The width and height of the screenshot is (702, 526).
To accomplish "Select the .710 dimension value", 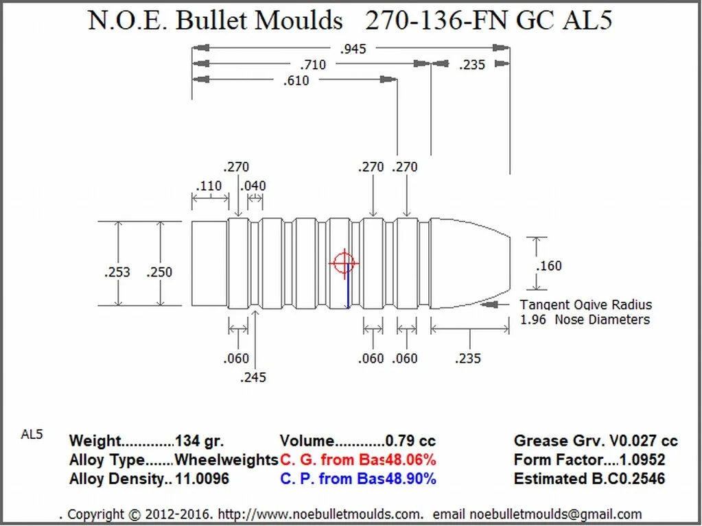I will (313, 65).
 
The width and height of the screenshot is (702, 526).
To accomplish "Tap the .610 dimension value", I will (296, 81).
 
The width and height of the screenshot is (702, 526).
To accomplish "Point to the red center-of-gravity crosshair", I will (343, 263).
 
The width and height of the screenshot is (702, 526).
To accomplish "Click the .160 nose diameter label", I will (550, 265).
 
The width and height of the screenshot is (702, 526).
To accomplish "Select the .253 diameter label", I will (117, 272).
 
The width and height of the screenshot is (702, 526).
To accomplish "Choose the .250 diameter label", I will (159, 272).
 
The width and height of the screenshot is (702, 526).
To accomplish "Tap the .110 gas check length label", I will (209, 186).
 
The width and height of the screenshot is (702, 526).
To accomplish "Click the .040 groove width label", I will (253, 186).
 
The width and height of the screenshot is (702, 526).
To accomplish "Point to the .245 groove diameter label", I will (254, 377).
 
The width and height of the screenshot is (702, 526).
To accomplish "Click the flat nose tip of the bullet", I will (508, 263).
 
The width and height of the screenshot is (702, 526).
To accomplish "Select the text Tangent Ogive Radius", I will (585, 305).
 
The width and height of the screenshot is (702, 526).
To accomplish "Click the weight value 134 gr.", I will (200, 441).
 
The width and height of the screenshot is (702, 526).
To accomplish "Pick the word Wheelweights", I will (226, 459).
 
